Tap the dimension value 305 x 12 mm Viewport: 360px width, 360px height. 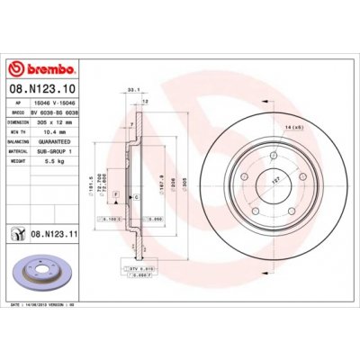[60, 122]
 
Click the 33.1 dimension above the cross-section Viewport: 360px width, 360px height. [134, 90]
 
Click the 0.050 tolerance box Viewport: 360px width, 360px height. [156, 218]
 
